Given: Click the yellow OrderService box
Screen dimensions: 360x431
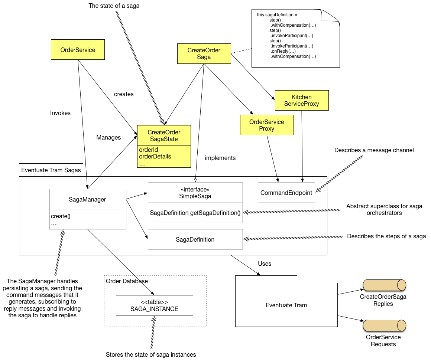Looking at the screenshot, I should (78, 50).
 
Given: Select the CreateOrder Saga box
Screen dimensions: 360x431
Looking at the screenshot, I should (204, 53).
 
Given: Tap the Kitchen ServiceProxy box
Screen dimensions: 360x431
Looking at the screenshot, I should (302, 100).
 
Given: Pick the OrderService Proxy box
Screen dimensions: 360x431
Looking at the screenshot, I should (267, 125).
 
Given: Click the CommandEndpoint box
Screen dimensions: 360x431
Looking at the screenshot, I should (286, 193).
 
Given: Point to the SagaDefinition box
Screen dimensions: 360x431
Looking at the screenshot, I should (195, 239).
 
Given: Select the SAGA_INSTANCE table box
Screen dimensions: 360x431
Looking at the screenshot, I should (154, 305).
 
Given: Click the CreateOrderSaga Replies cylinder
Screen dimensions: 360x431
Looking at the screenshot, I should (384, 285).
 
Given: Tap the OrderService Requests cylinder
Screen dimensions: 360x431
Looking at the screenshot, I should (384, 325).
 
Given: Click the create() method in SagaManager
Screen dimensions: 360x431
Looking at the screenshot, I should (59, 216).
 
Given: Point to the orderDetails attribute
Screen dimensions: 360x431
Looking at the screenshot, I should (155, 156).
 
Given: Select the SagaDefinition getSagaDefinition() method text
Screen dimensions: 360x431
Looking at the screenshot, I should (195, 213).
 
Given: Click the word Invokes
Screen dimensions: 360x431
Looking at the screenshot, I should (60, 113).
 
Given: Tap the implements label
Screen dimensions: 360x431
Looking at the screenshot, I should (220, 158).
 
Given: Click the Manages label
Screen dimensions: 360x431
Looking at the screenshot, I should (108, 137).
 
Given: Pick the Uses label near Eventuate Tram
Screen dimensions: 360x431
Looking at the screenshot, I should (265, 264).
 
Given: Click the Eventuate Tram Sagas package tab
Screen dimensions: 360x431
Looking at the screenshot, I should (51, 170).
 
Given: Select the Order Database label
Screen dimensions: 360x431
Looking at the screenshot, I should (127, 281).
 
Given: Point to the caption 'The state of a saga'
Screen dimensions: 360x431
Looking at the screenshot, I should (114, 6).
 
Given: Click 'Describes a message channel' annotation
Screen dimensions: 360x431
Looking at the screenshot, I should (374, 150).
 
